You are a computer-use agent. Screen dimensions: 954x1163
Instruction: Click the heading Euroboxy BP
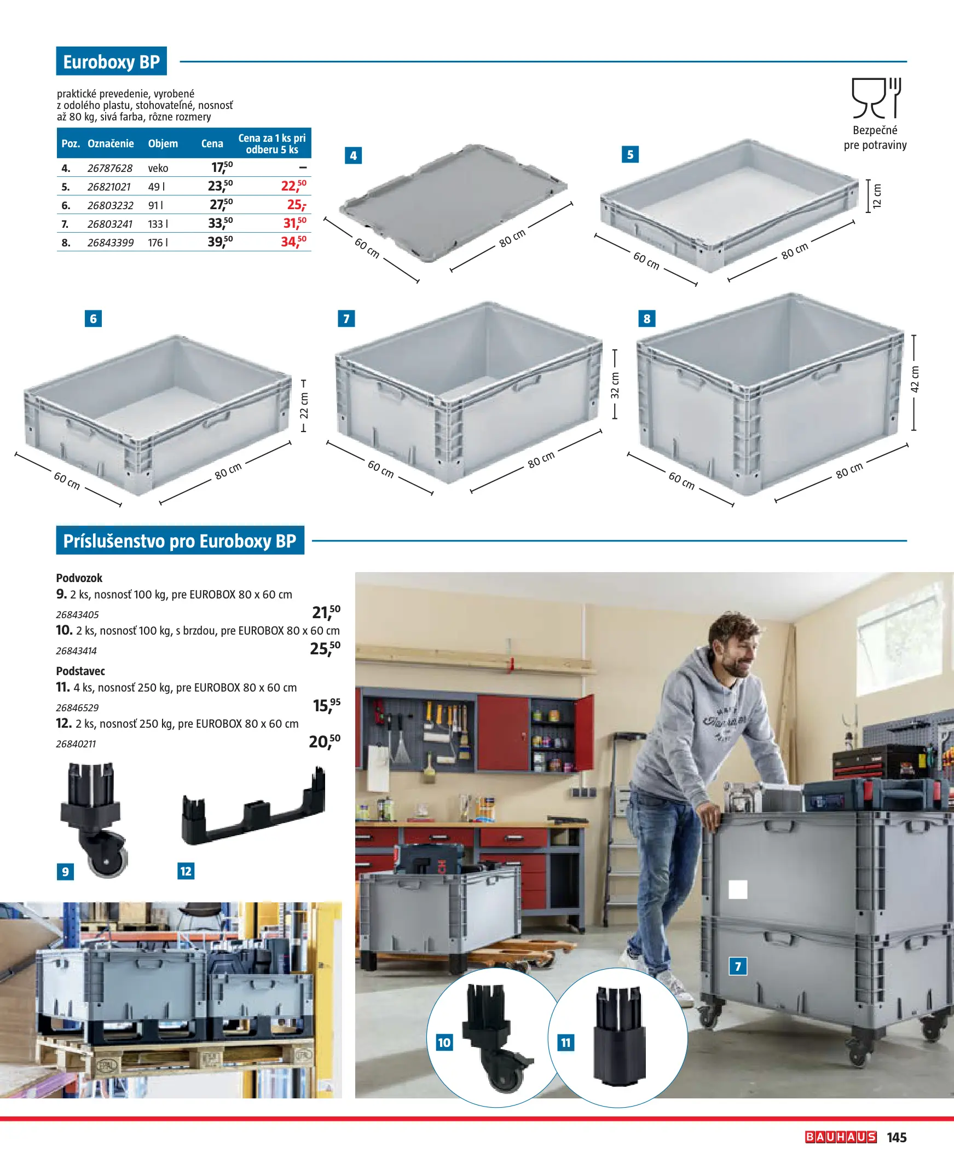pyautogui.click(x=112, y=61)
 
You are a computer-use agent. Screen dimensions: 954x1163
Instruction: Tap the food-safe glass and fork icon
pyautogui.click(x=876, y=99)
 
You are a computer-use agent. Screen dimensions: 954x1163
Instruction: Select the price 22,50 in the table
pyautogui.click(x=293, y=186)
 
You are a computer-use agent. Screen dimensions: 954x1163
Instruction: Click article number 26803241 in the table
pyautogui.click(x=110, y=224)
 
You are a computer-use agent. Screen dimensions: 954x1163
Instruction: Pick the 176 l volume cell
pyautogui.click(x=158, y=243)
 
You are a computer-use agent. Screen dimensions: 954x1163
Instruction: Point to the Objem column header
pyautogui.click(x=163, y=143)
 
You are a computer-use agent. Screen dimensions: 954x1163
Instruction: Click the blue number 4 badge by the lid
pyautogui.click(x=353, y=156)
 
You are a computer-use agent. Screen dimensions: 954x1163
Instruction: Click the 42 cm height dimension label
pyautogui.click(x=915, y=379)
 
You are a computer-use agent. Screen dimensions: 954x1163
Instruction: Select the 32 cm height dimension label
pyautogui.click(x=615, y=385)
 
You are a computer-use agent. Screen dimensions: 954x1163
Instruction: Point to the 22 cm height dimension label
pyautogui.click(x=304, y=405)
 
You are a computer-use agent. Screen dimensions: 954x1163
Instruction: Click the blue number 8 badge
pyautogui.click(x=647, y=318)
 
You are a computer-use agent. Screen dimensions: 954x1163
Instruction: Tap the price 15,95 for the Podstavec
pyautogui.click(x=326, y=705)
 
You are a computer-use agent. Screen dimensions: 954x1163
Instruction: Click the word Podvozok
pyautogui.click(x=79, y=578)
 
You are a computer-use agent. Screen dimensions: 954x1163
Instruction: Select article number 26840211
pyautogui.click(x=76, y=744)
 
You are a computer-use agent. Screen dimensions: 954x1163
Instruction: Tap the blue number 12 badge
pyautogui.click(x=186, y=871)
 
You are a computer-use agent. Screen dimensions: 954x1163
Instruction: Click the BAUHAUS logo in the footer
pyautogui.click(x=841, y=1137)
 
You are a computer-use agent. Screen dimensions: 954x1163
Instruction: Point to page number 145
pyautogui.click(x=897, y=1138)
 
